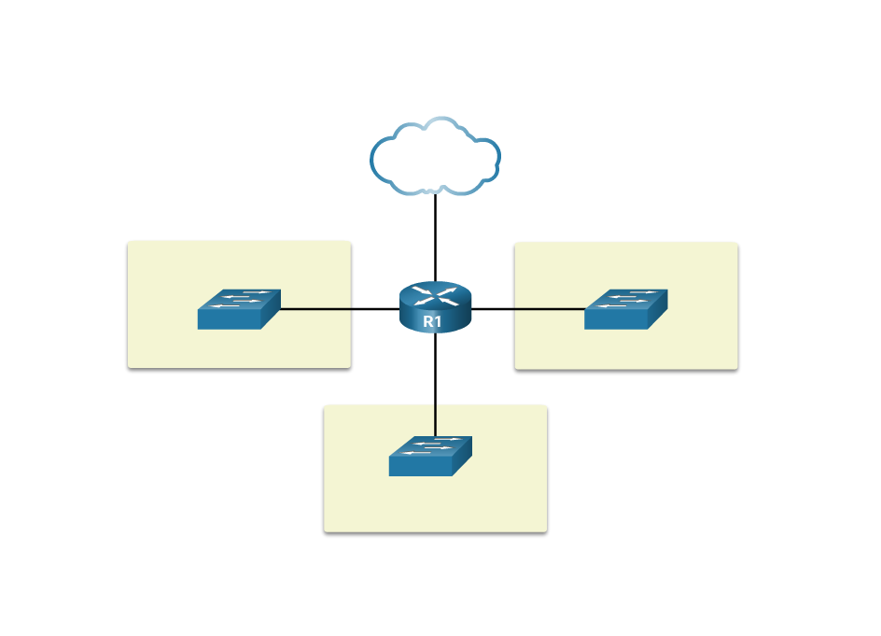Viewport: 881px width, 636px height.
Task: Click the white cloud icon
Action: pyautogui.click(x=435, y=157)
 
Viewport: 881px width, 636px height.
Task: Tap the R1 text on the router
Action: pyautogui.click(x=432, y=321)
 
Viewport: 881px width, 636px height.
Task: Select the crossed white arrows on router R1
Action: pyautogui.click(x=435, y=295)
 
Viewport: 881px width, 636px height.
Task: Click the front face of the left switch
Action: pyautogui.click(x=229, y=319)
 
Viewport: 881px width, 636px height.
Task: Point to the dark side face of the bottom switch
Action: pyautogui.click(x=463, y=459)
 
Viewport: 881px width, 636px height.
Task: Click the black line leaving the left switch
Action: pyautogui.click(x=315, y=308)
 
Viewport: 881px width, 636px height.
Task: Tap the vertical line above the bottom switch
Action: pyautogui.click(x=436, y=420)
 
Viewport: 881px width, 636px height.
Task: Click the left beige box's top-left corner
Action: pyautogui.click(x=130, y=243)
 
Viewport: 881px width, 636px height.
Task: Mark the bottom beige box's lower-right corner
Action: pyautogui.click(x=545, y=530)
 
